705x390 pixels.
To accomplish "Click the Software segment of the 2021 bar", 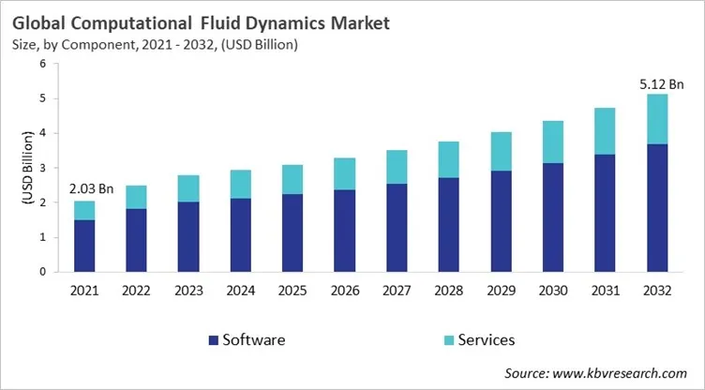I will tap(85, 246).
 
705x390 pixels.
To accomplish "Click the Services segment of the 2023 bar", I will tap(188, 188).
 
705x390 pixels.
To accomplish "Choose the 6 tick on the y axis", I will tap(43, 64).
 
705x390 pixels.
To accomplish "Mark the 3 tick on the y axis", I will tap(43, 168).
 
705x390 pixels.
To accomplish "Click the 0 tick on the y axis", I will tap(43, 272).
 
